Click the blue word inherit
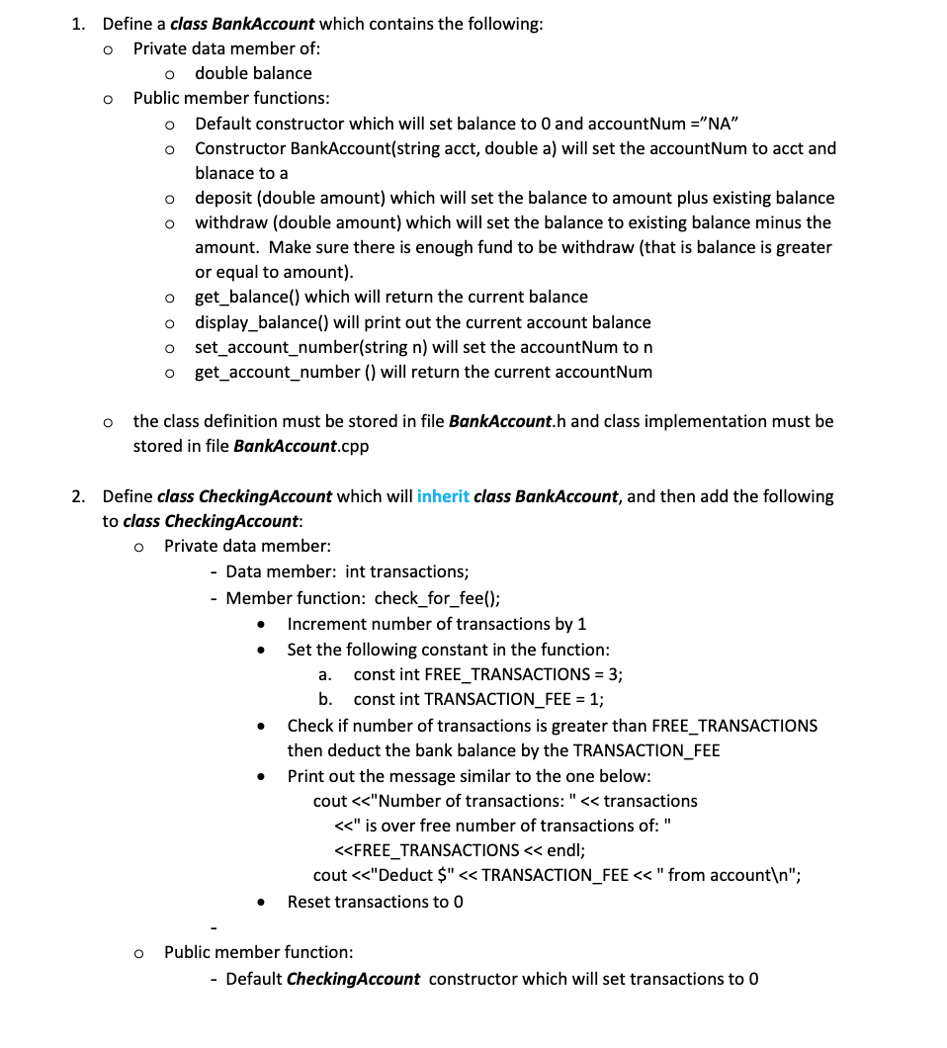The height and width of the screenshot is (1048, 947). click(443, 496)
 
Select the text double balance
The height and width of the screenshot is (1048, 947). click(253, 73)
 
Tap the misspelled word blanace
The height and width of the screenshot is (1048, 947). click(226, 173)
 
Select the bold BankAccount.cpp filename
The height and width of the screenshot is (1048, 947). click(301, 446)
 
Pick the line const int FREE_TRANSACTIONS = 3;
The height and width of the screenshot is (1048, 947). click(487, 674)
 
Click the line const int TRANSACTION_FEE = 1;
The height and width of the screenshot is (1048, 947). click(478, 699)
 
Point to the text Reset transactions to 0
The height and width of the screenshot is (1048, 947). click(376, 902)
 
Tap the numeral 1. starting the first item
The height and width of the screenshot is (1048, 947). click(78, 25)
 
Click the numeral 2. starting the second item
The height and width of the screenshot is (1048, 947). click(78, 496)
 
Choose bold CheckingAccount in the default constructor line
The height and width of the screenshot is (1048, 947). click(353, 979)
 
